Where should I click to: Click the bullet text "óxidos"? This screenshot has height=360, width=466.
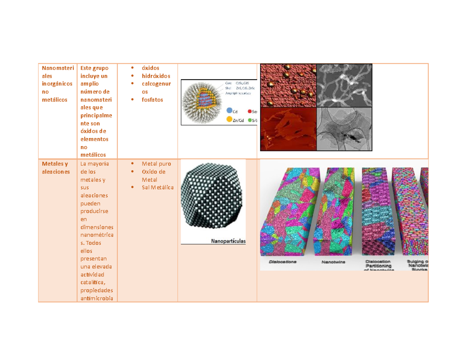point(150,68)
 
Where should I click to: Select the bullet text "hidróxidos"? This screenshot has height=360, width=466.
point(156,76)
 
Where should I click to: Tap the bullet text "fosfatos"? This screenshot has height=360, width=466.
point(152,99)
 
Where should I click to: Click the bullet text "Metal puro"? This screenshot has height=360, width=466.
point(156,163)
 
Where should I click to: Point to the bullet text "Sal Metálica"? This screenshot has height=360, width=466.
point(158,187)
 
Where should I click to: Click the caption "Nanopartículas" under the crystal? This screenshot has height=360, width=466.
point(228,241)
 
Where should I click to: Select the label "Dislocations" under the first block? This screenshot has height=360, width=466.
point(283,262)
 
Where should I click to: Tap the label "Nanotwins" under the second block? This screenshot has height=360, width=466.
point(333,262)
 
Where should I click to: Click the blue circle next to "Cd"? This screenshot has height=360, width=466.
point(229,111)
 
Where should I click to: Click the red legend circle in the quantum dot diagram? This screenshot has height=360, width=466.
point(249,111)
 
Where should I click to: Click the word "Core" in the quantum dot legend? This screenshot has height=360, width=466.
point(229,83)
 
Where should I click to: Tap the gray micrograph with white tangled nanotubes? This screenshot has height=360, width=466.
point(345,85)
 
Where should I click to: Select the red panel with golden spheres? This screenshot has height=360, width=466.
point(288,85)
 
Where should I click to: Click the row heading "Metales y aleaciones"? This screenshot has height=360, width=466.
point(56,167)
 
